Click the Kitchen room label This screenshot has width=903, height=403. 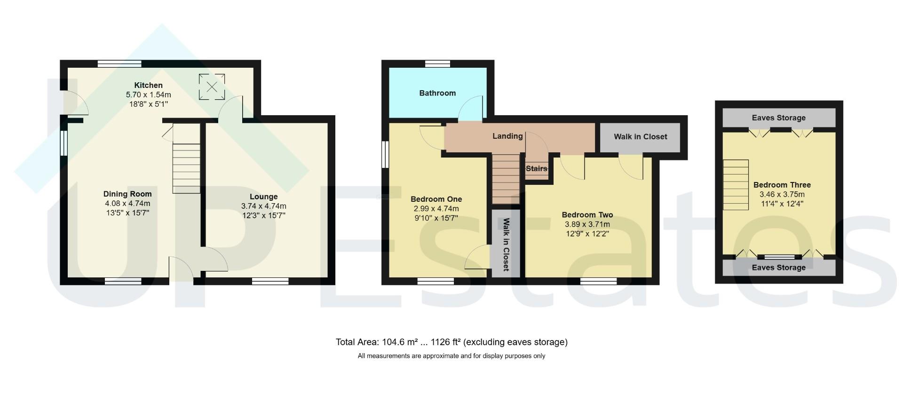(148, 85)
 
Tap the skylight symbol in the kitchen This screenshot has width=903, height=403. (212, 87)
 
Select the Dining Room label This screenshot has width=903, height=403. (127, 194)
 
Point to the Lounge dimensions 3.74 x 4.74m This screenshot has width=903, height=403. (263, 206)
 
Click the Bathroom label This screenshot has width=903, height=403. (437, 93)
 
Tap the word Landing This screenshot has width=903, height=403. (507, 136)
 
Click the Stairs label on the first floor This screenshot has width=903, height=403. (536, 168)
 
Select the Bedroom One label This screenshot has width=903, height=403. (436, 199)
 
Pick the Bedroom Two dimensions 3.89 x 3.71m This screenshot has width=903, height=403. (587, 224)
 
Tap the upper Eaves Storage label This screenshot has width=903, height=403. (778, 118)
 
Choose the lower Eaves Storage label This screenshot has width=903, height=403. (778, 268)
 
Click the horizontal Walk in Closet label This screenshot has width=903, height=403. (640, 136)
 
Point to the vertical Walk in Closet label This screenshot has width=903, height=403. (506, 245)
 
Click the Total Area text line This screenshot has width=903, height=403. (451, 342)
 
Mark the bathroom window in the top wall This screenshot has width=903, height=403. (437, 64)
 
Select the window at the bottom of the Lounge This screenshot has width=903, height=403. (270, 281)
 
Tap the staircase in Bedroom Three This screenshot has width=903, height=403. (736, 185)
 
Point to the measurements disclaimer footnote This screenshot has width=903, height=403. (451, 356)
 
